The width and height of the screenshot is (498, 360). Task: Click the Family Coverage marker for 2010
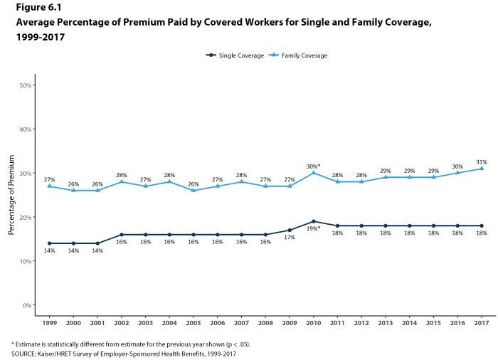313,173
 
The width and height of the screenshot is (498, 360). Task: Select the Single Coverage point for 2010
313,221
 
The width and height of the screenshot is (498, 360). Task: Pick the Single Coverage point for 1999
48,243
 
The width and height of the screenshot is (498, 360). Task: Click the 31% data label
481,162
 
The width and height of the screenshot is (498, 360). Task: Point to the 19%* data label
313,228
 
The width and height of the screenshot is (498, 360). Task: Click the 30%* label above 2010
313,166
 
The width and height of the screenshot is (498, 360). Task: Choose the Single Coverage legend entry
234,55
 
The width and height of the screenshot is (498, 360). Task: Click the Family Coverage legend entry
298,55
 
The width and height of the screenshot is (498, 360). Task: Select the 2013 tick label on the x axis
385,322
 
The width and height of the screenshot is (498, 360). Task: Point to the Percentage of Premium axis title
11,195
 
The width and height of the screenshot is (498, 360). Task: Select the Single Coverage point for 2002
121,234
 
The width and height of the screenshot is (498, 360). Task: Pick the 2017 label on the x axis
481,322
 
